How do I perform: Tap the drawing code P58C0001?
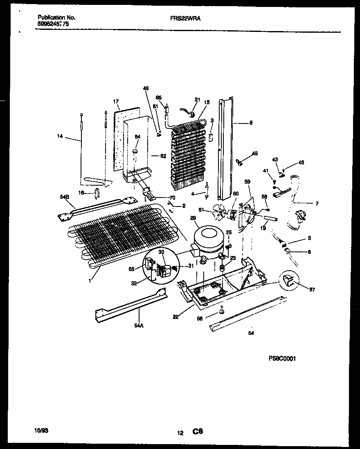pyautogui.click(x=282, y=358)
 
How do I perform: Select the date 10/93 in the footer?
pyautogui.click(x=41, y=431)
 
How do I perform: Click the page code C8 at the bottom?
pyautogui.click(x=198, y=431)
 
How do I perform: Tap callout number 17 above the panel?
pyautogui.click(x=116, y=101)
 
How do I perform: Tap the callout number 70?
pyautogui.click(x=172, y=198)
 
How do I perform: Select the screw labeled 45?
pyautogui.click(x=241, y=162)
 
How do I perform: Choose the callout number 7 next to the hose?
pyautogui.click(x=317, y=203)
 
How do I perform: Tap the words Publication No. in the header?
pyautogui.click(x=56, y=18)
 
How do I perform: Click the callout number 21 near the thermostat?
pyautogui.click(x=197, y=99)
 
